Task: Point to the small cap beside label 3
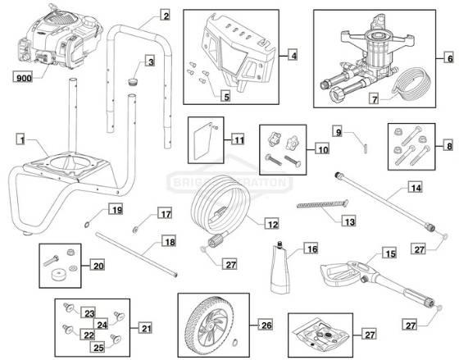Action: (x=132, y=83)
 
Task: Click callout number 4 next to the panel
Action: (x=292, y=56)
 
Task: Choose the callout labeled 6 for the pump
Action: (x=449, y=58)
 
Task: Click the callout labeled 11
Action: (x=237, y=139)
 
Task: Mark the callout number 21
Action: (x=145, y=328)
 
